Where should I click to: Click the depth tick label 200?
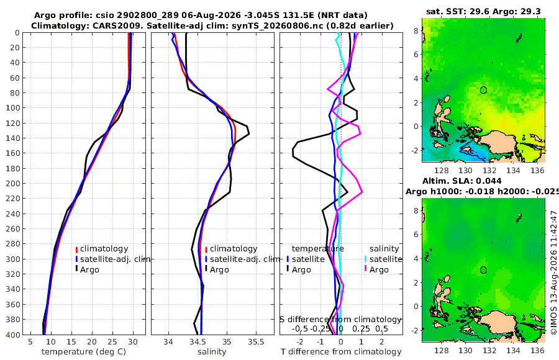(x=12, y=183)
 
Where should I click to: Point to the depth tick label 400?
(x=12, y=335)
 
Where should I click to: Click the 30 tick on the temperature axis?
(x=133, y=342)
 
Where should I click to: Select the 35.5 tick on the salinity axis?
(x=256, y=342)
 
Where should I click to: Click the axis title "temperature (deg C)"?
(x=84, y=352)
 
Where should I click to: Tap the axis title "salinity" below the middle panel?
(x=212, y=352)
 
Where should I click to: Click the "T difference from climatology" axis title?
(x=341, y=352)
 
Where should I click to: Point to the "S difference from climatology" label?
(x=341, y=320)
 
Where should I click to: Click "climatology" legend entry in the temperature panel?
(x=104, y=249)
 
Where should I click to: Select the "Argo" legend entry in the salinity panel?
(x=219, y=270)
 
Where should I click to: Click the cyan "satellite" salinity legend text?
(x=386, y=259)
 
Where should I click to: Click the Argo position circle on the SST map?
(x=483, y=90)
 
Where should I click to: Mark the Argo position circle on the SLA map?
(x=483, y=270)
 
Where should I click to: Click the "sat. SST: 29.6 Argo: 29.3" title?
(x=483, y=11)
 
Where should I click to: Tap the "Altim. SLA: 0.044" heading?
(x=462, y=181)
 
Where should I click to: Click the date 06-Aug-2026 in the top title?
(x=209, y=16)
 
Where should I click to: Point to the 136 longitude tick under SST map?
(x=538, y=170)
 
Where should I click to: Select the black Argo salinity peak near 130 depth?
(x=249, y=133)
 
